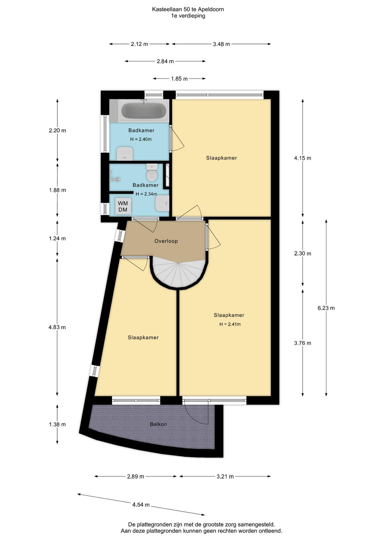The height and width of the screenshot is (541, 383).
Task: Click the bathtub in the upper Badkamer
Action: (x=144, y=111)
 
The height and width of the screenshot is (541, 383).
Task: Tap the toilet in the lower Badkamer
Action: (x=152, y=172)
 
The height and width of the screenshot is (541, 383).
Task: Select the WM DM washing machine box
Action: (x=123, y=206)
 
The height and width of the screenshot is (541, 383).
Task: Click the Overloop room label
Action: (x=166, y=241)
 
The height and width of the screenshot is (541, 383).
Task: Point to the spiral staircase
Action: (x=178, y=272)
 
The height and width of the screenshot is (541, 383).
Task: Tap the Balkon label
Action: (x=158, y=424)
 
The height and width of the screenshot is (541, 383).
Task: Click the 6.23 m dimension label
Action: (x=326, y=308)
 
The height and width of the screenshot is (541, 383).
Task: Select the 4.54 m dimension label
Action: (x=141, y=504)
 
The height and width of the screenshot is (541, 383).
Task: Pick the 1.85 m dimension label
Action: (x=179, y=78)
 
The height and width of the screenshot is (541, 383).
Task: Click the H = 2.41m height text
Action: (x=230, y=324)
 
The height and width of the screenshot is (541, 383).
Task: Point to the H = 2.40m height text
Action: (x=141, y=139)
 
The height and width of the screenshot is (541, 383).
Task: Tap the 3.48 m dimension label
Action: (x=221, y=44)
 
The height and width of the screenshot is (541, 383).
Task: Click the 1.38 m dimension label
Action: (x=57, y=424)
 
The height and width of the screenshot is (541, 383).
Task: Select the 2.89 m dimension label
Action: (x=135, y=476)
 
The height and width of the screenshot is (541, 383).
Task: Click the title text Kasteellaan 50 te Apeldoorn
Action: (x=188, y=10)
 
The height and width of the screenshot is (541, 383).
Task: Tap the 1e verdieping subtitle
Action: (x=188, y=16)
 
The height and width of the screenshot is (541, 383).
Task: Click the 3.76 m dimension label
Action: (x=302, y=343)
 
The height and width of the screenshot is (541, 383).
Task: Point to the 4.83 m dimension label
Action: (x=57, y=327)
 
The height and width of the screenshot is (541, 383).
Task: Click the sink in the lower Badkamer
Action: (x=162, y=203)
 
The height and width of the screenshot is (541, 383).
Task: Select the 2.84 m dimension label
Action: (x=165, y=61)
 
